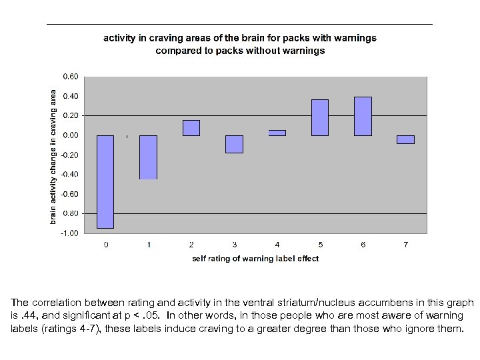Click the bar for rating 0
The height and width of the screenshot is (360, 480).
pyautogui.click(x=105, y=181)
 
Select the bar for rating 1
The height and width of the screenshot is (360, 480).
pyautogui.click(x=148, y=157)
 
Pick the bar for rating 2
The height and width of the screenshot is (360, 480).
pyautogui.click(x=191, y=128)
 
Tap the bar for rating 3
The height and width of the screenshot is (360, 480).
pyautogui.click(x=234, y=144)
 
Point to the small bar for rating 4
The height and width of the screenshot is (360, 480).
pyautogui.click(x=277, y=133)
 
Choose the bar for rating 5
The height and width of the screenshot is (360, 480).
pyautogui.click(x=320, y=117)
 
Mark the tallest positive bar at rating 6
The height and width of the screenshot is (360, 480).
pyautogui.click(x=363, y=116)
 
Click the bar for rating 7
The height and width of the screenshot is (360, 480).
pyautogui.click(x=405, y=139)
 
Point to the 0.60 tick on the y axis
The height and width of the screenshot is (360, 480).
pyautogui.click(x=70, y=77)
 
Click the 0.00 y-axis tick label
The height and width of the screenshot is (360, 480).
pyautogui.click(x=70, y=135)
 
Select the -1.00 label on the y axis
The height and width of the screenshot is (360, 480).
pyautogui.click(x=69, y=233)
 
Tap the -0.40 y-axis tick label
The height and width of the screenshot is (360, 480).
pyautogui.click(x=69, y=174)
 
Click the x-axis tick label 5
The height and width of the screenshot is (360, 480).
pyautogui.click(x=320, y=245)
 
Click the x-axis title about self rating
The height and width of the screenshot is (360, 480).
pyautogui.click(x=255, y=259)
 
